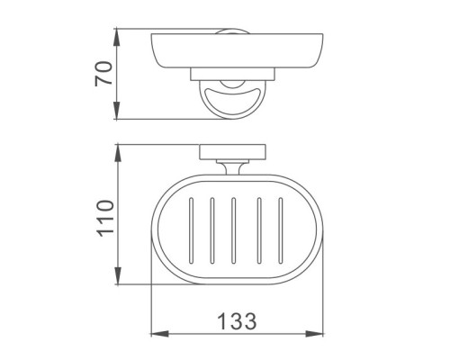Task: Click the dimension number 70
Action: tap(103, 74)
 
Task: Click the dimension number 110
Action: tap(106, 218)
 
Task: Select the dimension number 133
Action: tap(237, 321)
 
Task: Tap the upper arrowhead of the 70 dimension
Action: tap(117, 37)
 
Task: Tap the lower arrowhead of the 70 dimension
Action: tap(117, 111)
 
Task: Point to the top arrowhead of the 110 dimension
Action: tap(118, 154)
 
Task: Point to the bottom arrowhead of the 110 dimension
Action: tap(118, 276)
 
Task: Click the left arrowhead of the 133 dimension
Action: tap(159, 334)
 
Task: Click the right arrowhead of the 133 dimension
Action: tap(315, 334)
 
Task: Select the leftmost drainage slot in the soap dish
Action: tap(191, 230)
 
